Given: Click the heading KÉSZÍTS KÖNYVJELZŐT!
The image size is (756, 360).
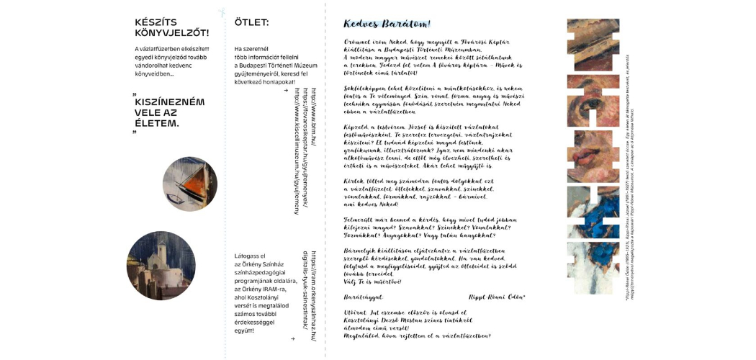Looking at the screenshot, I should coord(171,27).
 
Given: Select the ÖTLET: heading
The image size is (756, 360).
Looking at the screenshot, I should coord(251,22).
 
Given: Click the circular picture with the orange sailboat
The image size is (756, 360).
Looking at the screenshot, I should coord(189,184).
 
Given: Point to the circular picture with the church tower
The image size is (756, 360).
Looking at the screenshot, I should coord(161,266).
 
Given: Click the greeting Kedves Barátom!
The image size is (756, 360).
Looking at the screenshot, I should coord(387,24).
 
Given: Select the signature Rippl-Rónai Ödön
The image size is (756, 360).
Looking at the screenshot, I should coord(496,297).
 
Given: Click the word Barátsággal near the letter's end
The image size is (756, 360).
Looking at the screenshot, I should coord(363,297).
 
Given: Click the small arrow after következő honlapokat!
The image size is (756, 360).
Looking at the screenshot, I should coord(286,91).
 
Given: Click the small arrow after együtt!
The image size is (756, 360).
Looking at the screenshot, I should coord(292,338).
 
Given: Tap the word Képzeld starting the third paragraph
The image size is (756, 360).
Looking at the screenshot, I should coord(356,126).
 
